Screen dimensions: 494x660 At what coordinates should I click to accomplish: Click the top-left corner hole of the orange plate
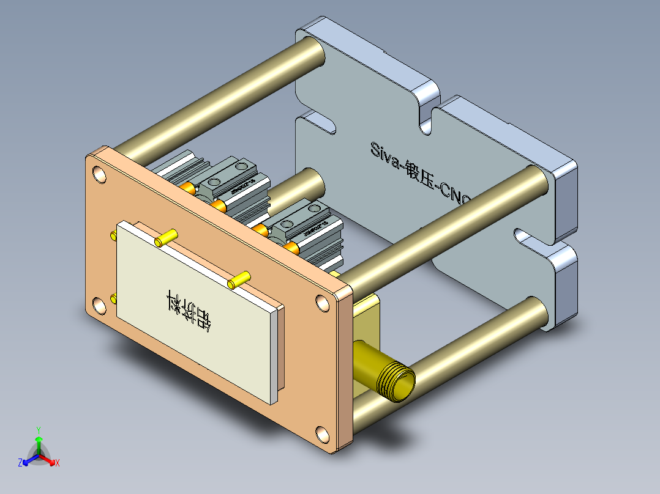coord(98,175)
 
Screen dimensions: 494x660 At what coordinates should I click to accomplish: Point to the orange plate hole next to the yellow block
coord(322,302)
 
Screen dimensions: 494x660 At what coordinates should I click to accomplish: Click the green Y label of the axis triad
coord(38,430)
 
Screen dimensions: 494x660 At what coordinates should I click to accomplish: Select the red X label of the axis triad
coord(58,463)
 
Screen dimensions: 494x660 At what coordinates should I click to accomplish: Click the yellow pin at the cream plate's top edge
coord(166,238)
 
